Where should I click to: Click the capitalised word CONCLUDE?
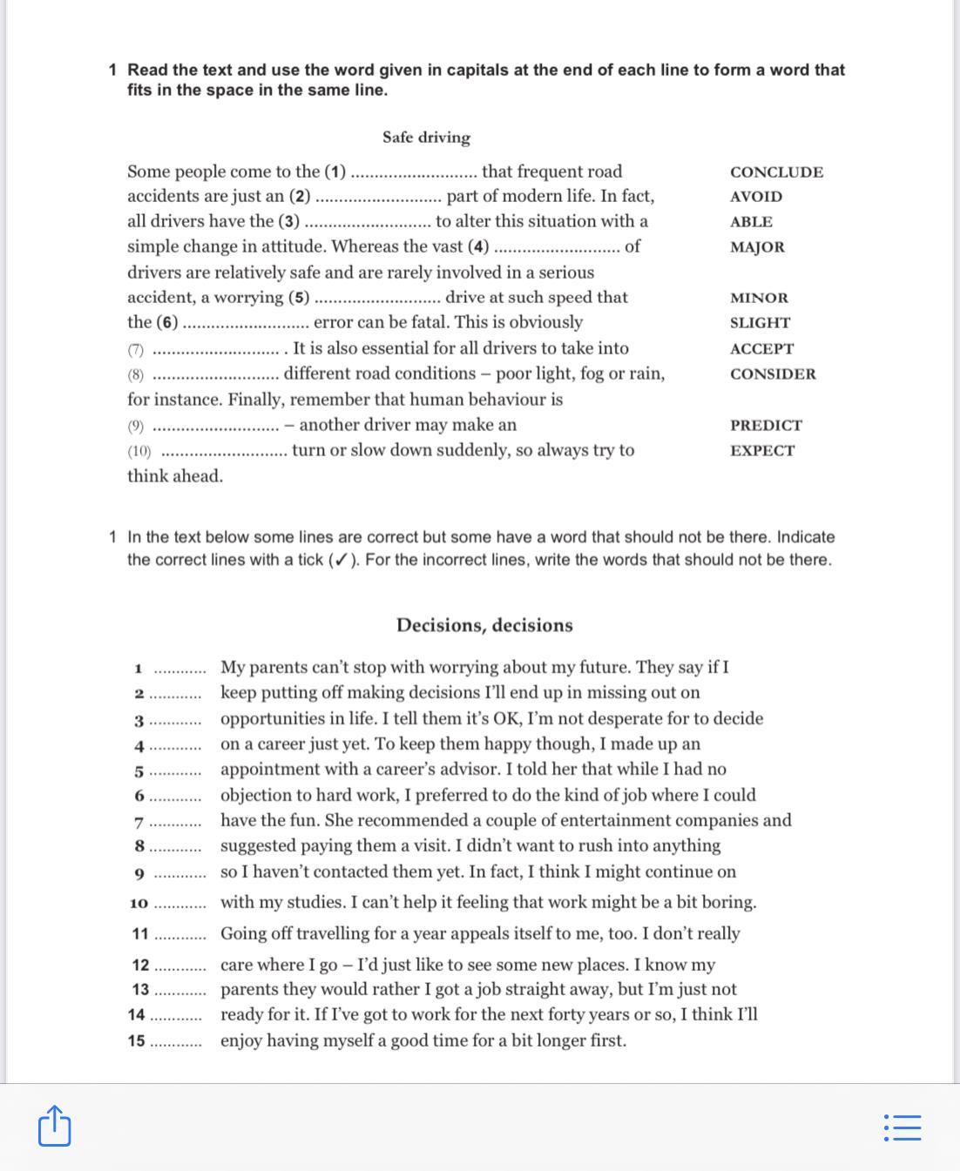[776, 172]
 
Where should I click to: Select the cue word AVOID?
[755, 197]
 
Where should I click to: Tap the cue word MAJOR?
[757, 247]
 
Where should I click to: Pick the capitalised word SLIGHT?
[760, 323]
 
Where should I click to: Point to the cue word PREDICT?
[766, 426]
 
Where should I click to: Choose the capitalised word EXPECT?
[762, 451]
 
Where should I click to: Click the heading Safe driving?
[426, 138]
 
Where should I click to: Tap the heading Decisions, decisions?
[484, 625]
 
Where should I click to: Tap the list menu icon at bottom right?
[902, 1127]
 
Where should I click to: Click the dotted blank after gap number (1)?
[413, 173]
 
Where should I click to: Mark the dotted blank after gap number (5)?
[377, 299]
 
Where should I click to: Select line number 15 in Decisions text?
[137, 1041]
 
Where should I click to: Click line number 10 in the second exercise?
[139, 904]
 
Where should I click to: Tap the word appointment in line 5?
[271, 770]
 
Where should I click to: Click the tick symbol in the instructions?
[341, 560]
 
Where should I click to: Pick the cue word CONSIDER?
[773, 374]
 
